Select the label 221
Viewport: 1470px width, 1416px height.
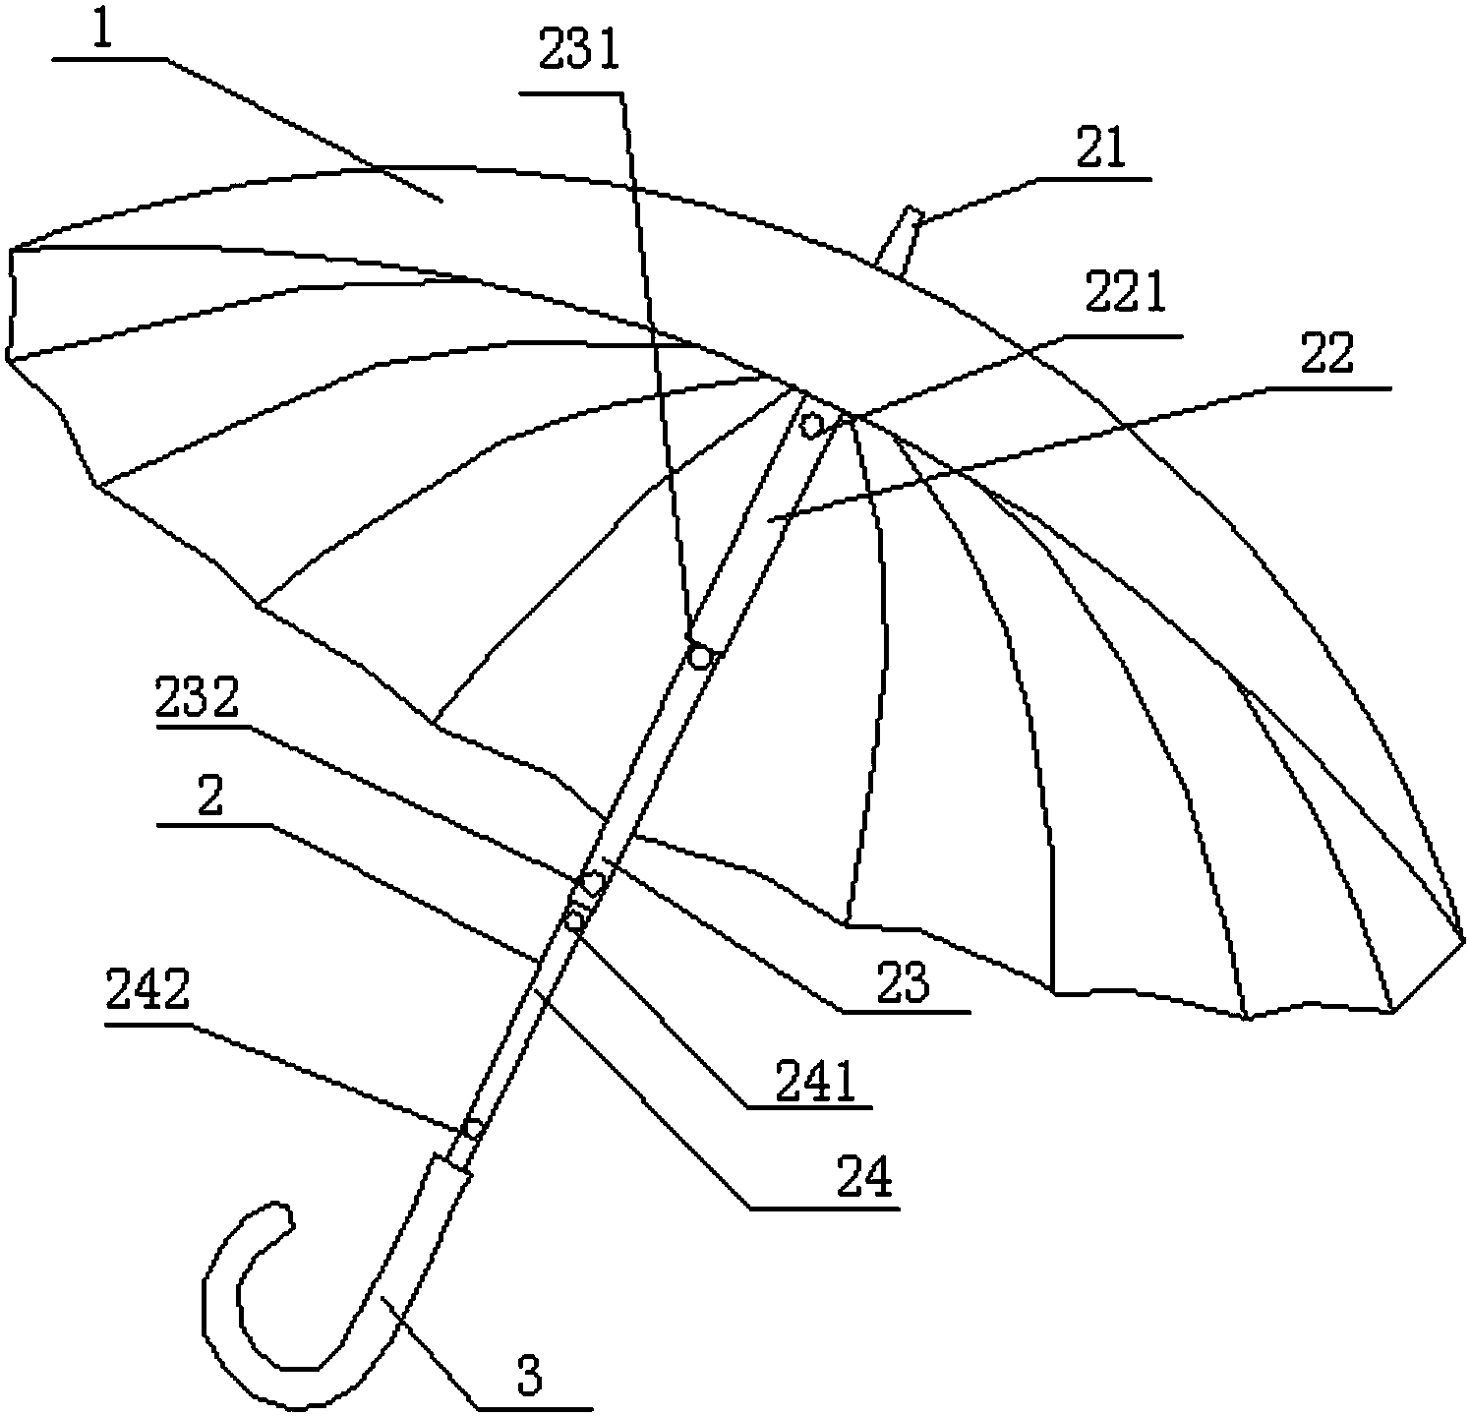click(x=1123, y=292)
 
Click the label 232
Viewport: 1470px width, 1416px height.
click(x=197, y=700)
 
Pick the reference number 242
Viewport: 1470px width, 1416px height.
click(x=147, y=994)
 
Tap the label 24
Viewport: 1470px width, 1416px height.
click(x=863, y=1176)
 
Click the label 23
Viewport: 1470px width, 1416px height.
click(x=904, y=982)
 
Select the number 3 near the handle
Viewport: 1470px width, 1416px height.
click(x=530, y=1375)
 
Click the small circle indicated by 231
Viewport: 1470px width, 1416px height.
click(x=699, y=656)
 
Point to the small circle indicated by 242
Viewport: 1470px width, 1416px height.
click(x=473, y=1128)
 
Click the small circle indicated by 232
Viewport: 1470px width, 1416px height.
click(x=593, y=883)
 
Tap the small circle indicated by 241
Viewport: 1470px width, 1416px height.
click(x=575, y=919)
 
